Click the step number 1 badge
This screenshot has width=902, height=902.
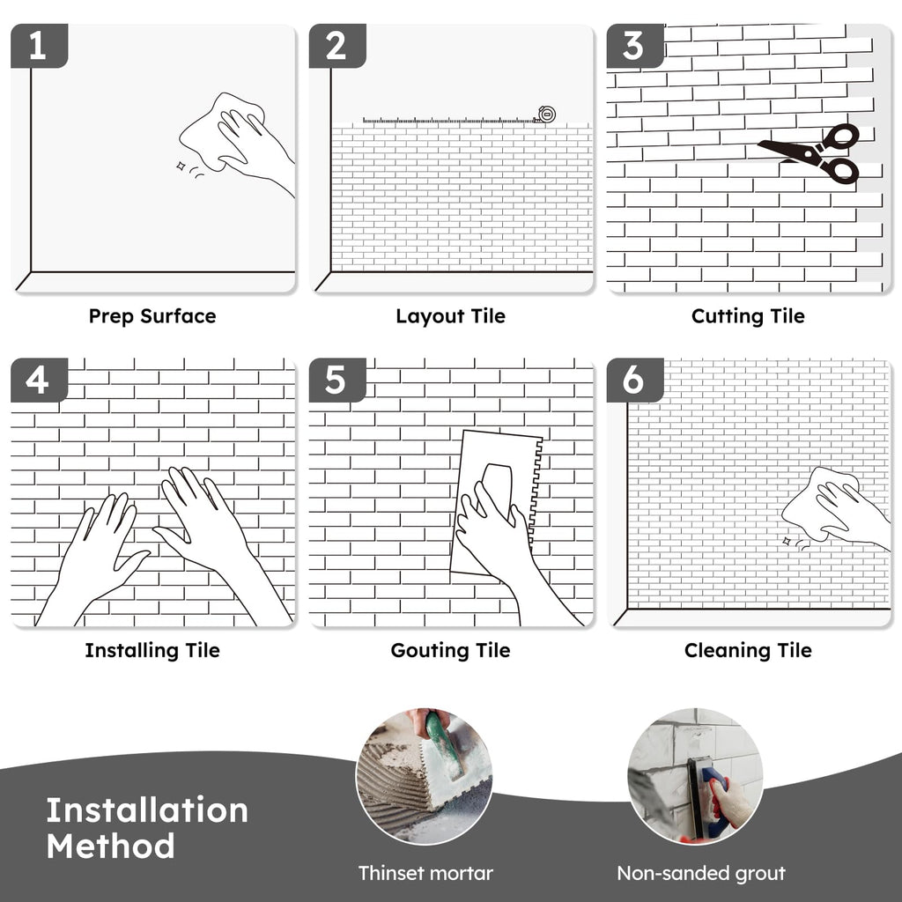(39, 46)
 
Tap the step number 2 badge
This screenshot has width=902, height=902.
(337, 46)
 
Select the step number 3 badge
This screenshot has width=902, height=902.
(634, 46)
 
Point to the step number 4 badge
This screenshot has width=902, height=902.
(39, 380)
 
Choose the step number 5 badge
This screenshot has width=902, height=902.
(337, 380)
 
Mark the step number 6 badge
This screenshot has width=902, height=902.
(634, 380)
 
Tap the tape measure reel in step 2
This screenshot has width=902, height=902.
(546, 115)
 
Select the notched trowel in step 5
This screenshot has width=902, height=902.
(496, 501)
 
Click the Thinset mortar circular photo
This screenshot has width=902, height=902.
(424, 776)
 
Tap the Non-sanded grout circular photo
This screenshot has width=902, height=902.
(696, 776)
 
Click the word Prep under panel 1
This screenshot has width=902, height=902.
(112, 316)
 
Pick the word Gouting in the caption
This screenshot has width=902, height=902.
(430, 651)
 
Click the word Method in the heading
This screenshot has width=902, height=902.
(110, 847)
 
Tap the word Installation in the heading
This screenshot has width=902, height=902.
(147, 810)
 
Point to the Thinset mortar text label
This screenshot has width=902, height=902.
(425, 873)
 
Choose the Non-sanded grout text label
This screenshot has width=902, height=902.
(701, 874)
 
